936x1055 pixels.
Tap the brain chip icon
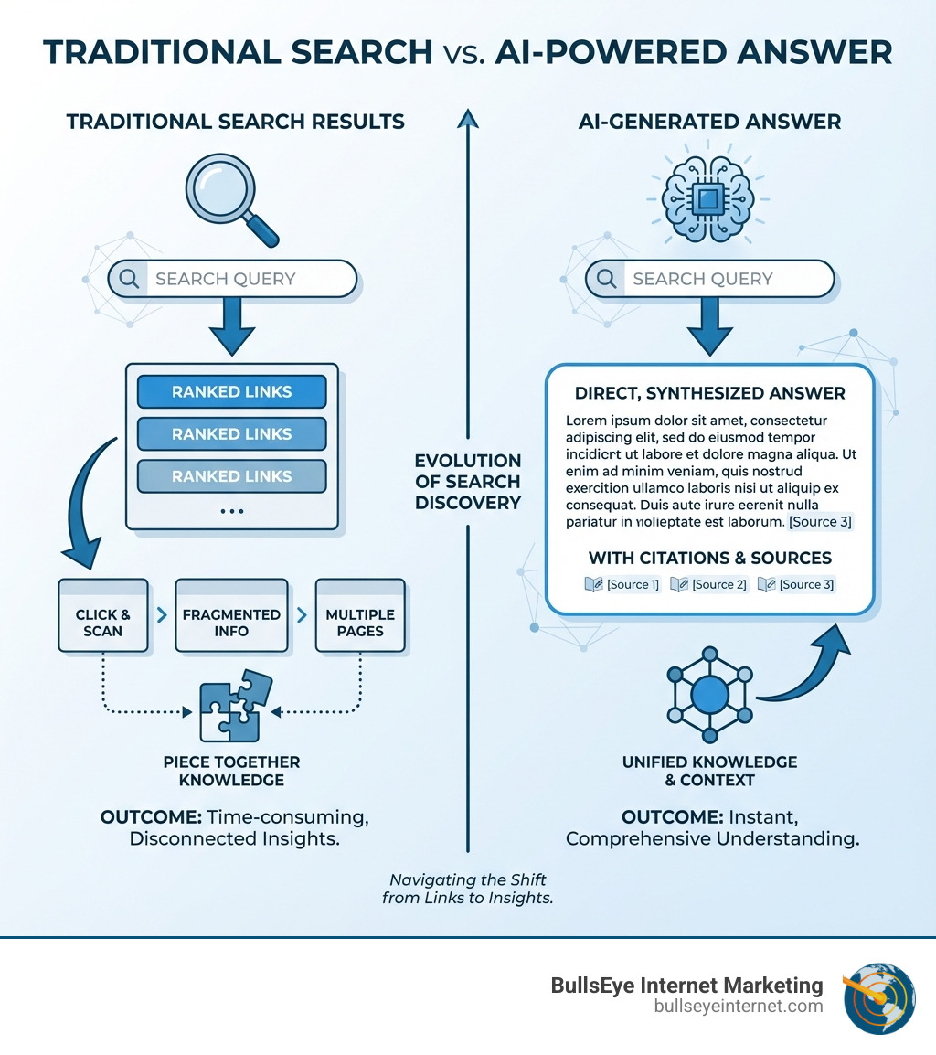pos(707,198)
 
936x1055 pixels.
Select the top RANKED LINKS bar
pos(231,391)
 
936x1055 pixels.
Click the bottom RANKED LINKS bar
pos(231,476)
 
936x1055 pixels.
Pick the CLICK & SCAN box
pos(103,615)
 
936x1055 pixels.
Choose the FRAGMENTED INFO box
pos(231,615)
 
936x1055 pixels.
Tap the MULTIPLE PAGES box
pos(361,615)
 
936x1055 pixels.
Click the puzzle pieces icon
pos(236,705)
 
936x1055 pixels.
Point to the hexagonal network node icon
pos(709,695)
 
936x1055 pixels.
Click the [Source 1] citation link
pos(622,584)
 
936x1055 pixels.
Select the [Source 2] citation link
pos(709,584)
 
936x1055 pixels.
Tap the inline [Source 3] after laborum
pos(820,521)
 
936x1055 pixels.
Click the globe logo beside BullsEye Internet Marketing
pos(879,997)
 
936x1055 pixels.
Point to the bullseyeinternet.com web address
pos(739,1006)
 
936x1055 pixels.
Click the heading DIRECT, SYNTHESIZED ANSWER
pos(710,393)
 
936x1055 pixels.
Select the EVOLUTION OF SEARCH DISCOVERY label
pos(468,482)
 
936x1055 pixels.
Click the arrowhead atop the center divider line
pos(468,119)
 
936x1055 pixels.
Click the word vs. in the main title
pos(463,54)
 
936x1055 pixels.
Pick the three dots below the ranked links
pos(232,511)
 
